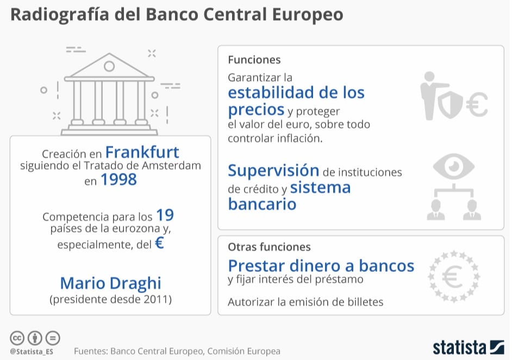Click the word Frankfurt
(x=142, y=152)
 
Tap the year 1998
(x=118, y=179)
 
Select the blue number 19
(x=165, y=215)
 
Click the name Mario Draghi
(x=111, y=283)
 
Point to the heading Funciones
(x=254, y=60)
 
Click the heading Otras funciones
(x=269, y=247)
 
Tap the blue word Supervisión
(x=273, y=171)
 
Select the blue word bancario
(x=262, y=204)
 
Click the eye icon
(x=453, y=166)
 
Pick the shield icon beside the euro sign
(x=450, y=104)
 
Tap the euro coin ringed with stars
(x=453, y=277)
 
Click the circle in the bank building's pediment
(x=109, y=66)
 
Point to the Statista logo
(x=468, y=347)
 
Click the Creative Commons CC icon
(x=17, y=338)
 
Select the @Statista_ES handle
(x=32, y=352)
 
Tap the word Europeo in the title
(x=308, y=15)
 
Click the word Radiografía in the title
(x=60, y=14)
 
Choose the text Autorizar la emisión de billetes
(x=305, y=302)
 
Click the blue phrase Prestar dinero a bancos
(x=321, y=265)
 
